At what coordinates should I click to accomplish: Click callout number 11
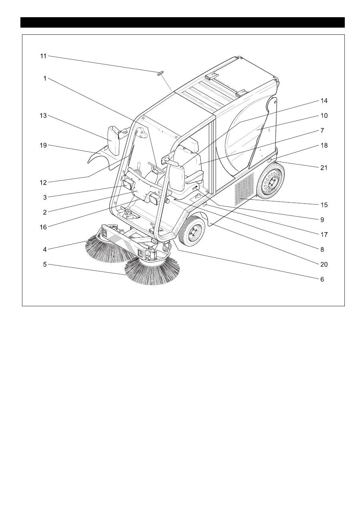point(44,56)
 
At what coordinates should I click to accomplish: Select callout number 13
point(44,116)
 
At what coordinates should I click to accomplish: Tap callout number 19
point(44,145)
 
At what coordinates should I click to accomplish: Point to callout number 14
point(324,100)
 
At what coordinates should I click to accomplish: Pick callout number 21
point(324,168)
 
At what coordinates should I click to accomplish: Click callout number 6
point(322,279)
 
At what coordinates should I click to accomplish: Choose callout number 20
point(324,264)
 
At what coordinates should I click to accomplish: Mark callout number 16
point(43,227)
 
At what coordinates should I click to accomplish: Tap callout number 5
point(45,264)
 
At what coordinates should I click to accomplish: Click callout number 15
point(324,205)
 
